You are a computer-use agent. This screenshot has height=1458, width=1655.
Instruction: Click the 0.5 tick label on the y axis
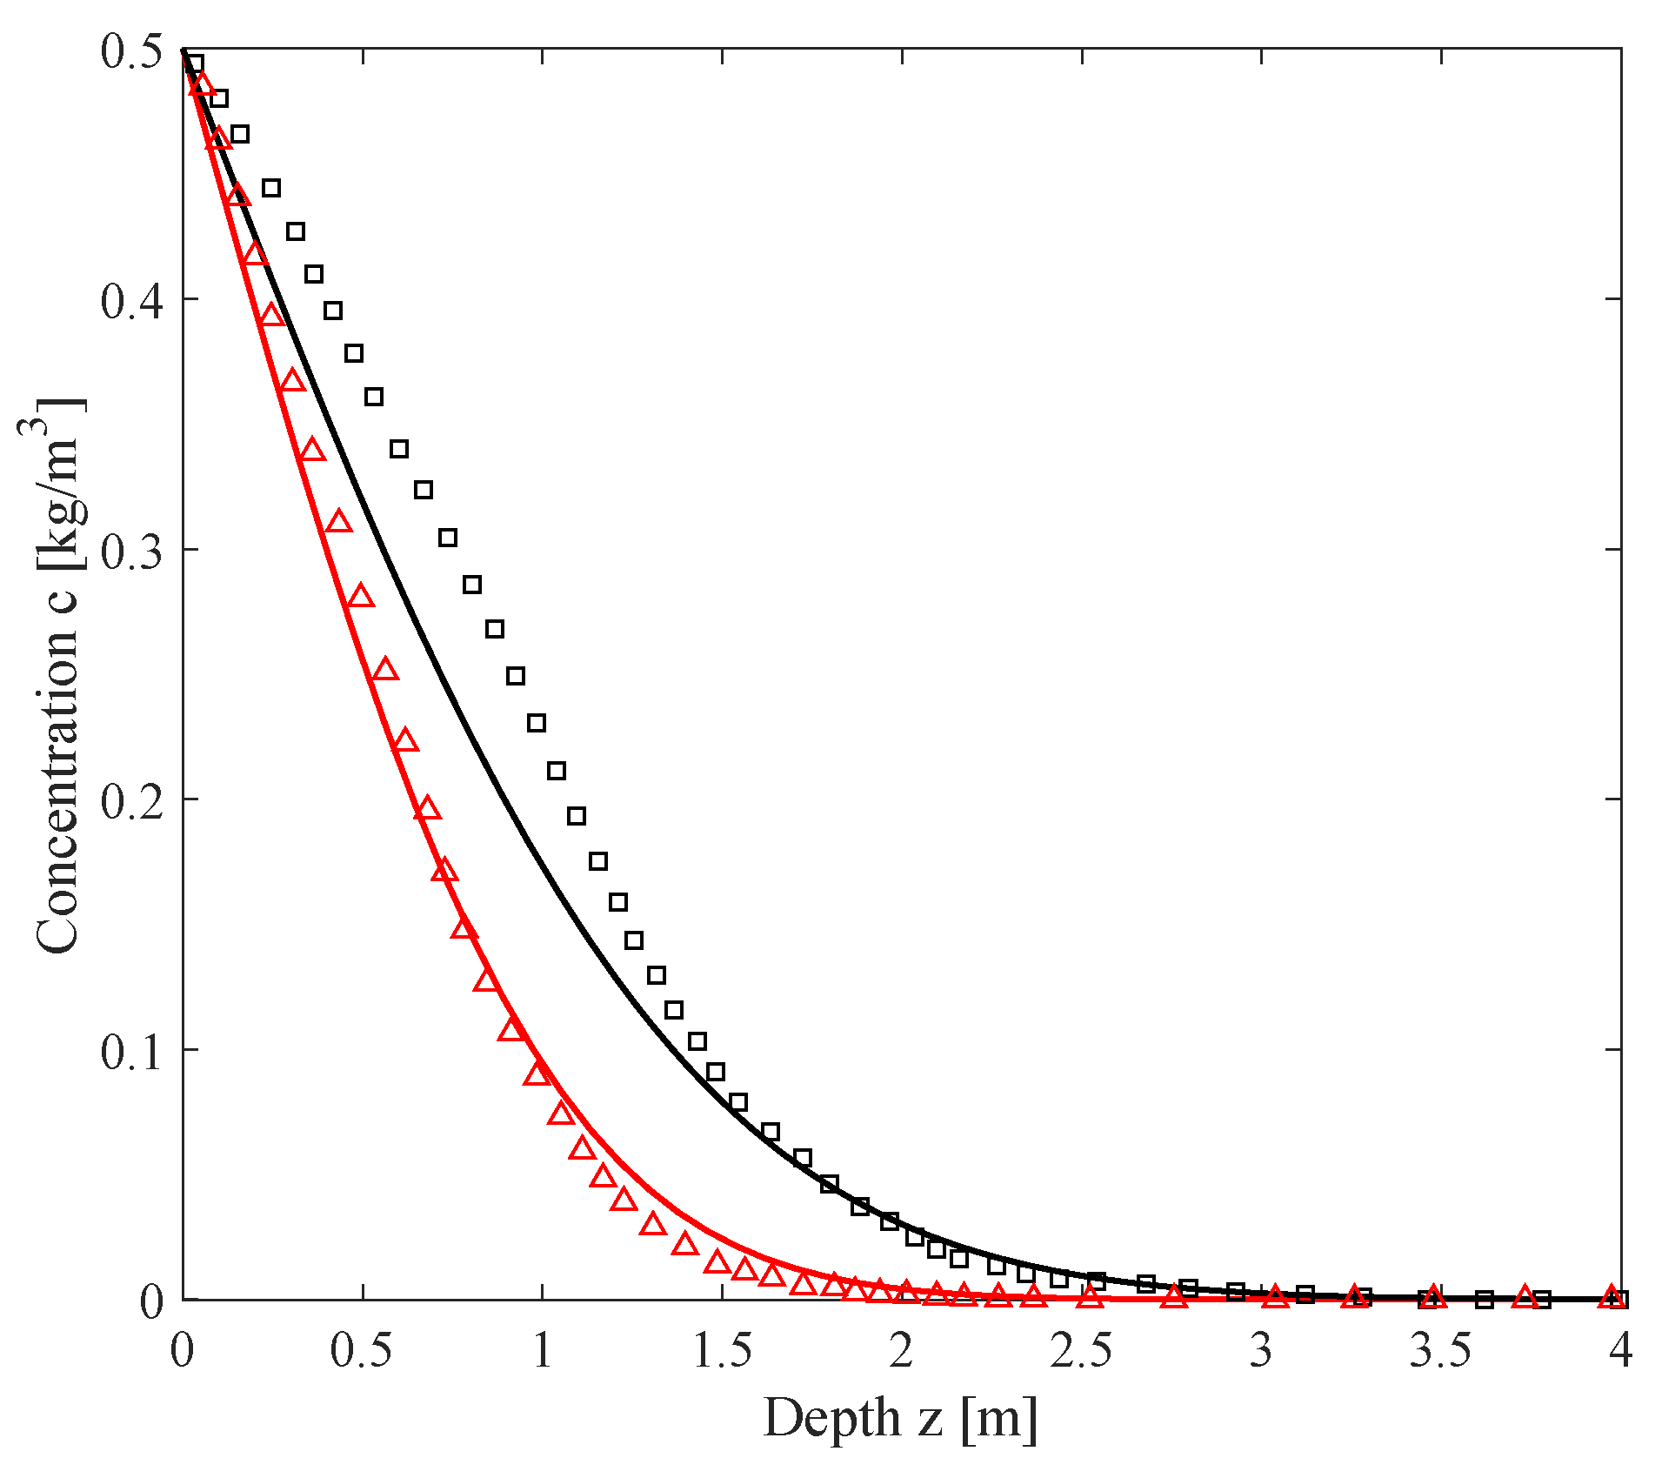131,51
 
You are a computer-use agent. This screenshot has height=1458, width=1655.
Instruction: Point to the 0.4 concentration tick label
131,301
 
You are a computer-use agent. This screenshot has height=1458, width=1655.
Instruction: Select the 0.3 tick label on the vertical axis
131,552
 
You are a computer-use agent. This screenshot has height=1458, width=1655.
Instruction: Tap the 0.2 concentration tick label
131,801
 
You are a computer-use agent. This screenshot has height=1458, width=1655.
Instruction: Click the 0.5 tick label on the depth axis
362,1351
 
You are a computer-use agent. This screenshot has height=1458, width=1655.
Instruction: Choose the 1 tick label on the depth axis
542,1351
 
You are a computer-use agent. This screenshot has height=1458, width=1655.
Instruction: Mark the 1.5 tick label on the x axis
722,1351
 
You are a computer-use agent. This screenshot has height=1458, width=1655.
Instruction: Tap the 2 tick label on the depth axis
902,1351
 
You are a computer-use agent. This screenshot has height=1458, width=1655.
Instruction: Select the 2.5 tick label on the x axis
1082,1351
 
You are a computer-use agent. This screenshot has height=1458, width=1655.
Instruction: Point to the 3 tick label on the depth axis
1262,1351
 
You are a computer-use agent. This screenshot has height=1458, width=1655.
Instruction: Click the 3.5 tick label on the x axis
1441,1351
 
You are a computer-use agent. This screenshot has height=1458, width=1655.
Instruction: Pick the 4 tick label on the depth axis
1620,1351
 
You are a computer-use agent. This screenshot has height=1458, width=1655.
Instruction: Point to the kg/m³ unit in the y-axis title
57,487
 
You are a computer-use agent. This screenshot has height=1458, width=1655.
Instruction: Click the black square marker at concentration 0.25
516,676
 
